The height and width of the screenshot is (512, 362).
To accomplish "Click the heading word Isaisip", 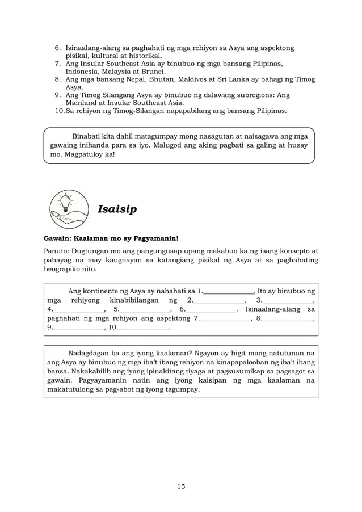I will coord(117,209).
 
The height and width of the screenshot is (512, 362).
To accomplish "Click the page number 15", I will coord(180,486).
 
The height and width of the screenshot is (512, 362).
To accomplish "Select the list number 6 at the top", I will coord(58,48).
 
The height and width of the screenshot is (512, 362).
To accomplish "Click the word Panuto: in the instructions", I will coord(58,250).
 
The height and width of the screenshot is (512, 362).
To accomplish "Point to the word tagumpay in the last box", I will coord(179,390).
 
